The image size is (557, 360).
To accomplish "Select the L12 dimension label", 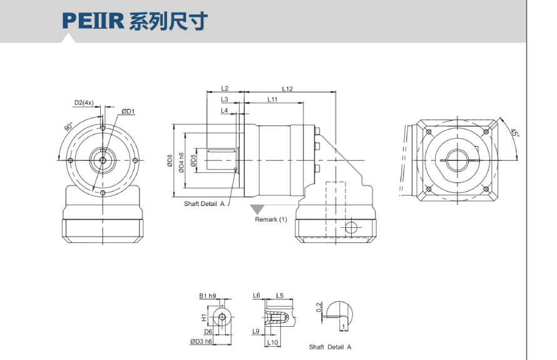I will pos(287,89).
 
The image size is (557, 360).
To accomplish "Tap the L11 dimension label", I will pos(273,100).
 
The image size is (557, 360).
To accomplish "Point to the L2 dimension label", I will pos(225,89).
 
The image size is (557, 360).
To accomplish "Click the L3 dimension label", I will pos(224,100).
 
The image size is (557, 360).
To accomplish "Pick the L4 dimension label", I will pos(224,110).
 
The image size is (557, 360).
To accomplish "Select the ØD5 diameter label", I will pos(193,161).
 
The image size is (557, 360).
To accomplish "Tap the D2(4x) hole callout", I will pos(84,102).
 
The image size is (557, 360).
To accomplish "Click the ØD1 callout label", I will pos(129,111).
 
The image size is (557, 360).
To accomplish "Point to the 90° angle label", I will pos(68,126).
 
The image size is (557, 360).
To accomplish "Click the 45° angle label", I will pos(514,134).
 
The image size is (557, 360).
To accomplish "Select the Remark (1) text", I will pos(271,220).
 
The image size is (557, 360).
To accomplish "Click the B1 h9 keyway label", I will pos(208,296).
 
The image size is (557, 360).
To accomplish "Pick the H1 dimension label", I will pos(203,317).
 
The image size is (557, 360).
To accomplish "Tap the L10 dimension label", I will pos(272,342).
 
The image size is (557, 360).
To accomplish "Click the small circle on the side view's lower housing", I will pos(352,226).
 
